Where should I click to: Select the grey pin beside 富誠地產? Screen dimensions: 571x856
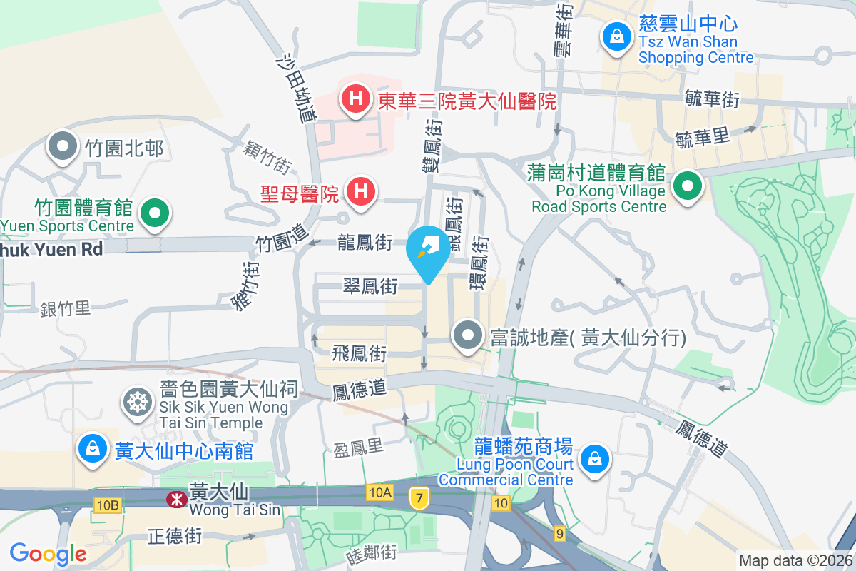coord(468,335)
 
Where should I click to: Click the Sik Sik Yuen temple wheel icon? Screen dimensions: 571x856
coord(135,402)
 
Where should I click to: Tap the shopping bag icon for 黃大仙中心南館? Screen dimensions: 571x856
coord(93,449)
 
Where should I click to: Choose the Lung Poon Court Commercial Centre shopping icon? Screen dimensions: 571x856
coord(593,458)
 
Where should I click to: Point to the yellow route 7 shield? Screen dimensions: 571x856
coord(419,497)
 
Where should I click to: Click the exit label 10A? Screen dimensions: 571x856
coord(381,492)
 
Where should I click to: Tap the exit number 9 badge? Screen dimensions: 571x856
coord(560,533)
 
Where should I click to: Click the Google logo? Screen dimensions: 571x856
coord(48,553)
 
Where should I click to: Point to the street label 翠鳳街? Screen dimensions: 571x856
coord(369,287)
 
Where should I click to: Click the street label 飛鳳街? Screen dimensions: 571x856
coord(360,353)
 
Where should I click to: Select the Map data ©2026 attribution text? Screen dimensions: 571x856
coord(795,560)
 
